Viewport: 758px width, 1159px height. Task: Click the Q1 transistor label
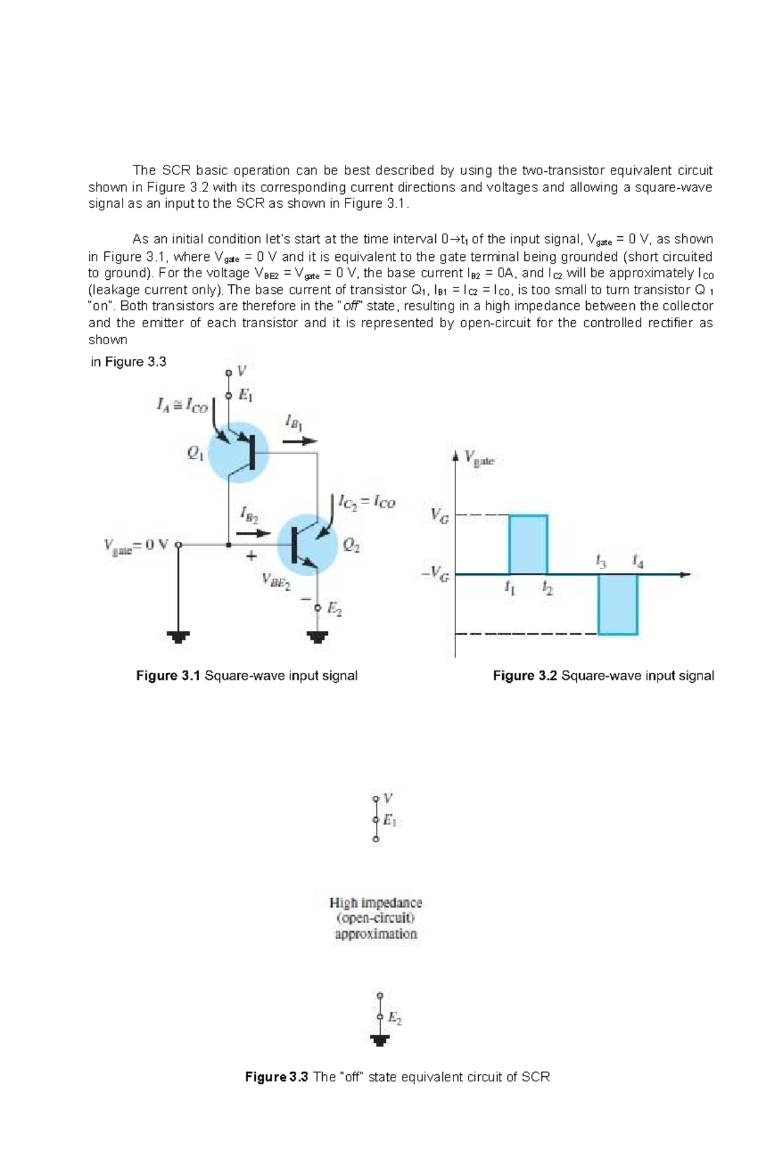click(x=195, y=453)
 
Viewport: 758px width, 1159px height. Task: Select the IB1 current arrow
click(x=299, y=441)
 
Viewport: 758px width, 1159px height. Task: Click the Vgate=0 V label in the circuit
click(x=136, y=544)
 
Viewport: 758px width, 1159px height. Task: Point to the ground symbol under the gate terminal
click(x=178, y=637)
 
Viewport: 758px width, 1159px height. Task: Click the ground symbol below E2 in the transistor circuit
click(x=317, y=637)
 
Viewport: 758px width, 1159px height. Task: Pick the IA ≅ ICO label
click(x=182, y=405)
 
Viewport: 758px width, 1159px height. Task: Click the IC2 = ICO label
click(x=366, y=502)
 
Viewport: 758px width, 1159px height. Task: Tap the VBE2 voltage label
click(x=275, y=580)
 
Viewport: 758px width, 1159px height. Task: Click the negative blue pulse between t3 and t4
click(x=618, y=604)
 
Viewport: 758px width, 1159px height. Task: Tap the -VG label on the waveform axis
click(x=436, y=574)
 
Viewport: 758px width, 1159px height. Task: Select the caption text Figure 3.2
click(x=525, y=676)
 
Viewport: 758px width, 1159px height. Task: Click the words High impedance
click(x=376, y=903)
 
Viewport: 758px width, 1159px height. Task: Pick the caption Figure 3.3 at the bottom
click(x=277, y=1077)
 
